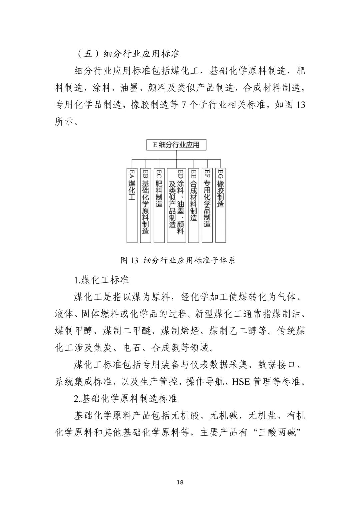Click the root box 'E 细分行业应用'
176,145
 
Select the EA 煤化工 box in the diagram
132,205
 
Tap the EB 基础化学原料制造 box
145,205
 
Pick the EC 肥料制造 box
159,205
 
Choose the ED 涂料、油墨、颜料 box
176,205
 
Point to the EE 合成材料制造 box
194,205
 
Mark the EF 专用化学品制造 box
207,205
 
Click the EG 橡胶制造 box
220,205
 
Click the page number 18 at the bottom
180,482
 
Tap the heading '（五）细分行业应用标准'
128,54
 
